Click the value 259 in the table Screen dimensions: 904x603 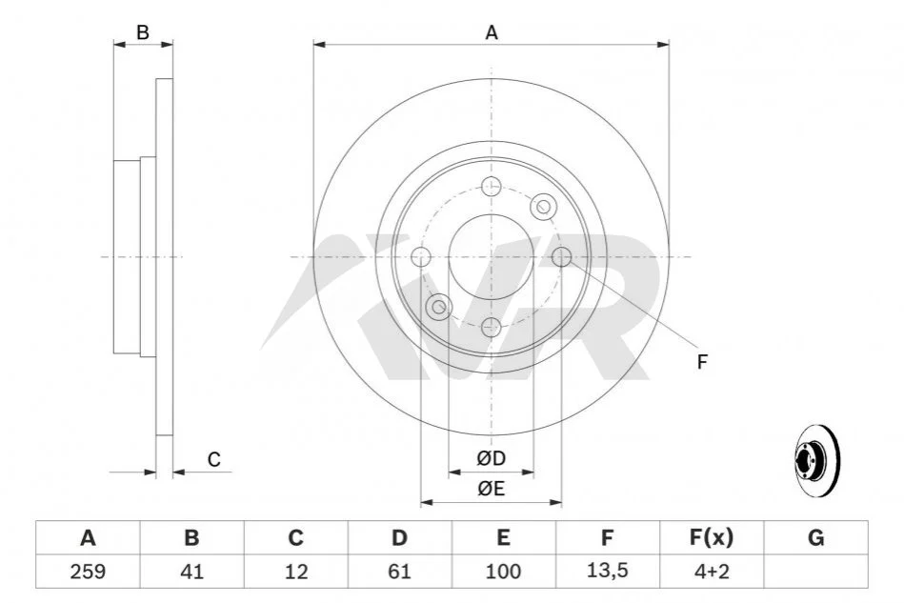(88, 572)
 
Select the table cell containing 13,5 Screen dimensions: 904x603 (607, 572)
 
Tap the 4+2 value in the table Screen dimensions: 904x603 (712, 572)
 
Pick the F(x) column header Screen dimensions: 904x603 (712, 537)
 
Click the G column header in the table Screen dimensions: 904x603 (815, 537)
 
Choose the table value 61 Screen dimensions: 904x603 (399, 572)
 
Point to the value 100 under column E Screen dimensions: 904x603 (503, 572)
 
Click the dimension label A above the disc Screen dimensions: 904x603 (492, 32)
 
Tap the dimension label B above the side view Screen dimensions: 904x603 (142, 32)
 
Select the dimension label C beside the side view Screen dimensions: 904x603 (214, 459)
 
